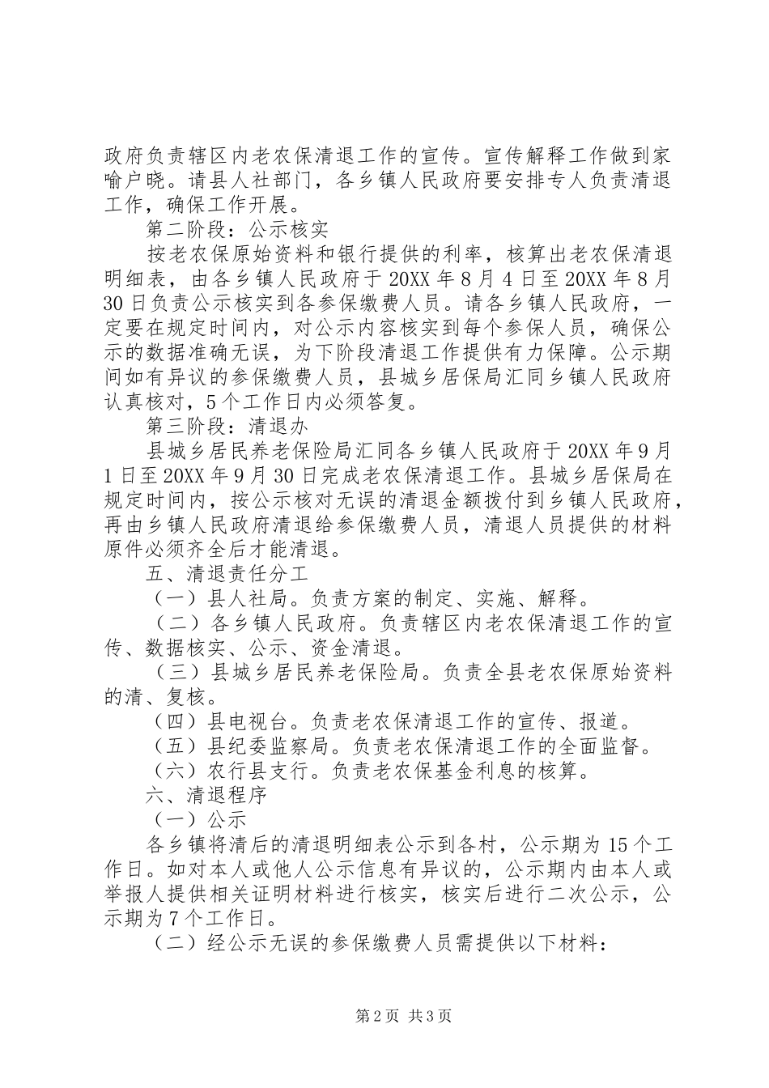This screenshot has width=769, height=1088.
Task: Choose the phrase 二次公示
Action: [x=602, y=895]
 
